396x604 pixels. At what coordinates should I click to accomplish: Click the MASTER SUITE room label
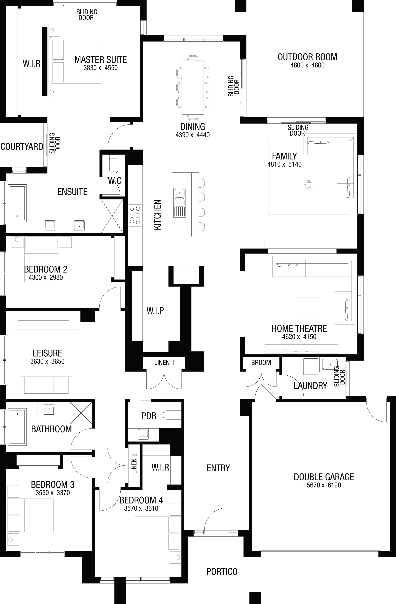[x=101, y=60]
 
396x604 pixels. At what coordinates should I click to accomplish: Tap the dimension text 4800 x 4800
[x=307, y=65]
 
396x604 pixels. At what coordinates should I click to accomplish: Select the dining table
[x=193, y=87]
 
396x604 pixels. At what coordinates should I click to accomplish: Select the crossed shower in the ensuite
[x=112, y=216]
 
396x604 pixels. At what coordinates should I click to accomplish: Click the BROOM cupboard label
[x=261, y=363]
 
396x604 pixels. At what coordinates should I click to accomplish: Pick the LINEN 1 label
[x=164, y=363]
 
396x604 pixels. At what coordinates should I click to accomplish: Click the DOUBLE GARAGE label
[x=324, y=477]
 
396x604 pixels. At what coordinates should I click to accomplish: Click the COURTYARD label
[x=22, y=146]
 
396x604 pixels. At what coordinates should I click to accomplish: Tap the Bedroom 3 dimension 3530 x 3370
[x=53, y=493]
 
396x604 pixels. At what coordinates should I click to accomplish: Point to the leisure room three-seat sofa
[x=46, y=387]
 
